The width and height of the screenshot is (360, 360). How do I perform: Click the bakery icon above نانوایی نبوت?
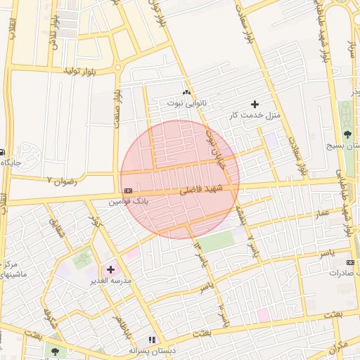tap(186, 93)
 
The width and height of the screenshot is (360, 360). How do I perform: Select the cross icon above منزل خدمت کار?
tap(255, 104)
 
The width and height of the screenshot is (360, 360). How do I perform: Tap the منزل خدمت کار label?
tap(255, 115)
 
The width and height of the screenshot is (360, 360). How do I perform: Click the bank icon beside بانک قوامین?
tap(128, 191)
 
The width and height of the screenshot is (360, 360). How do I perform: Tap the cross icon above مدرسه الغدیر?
tap(110, 269)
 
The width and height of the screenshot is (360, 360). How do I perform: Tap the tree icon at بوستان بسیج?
tap(347, 134)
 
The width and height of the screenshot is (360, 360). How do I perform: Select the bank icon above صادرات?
tap(351, 262)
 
